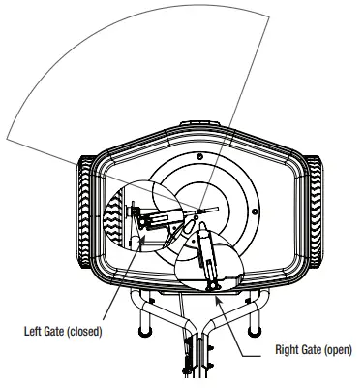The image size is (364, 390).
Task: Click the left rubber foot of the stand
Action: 144,328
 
